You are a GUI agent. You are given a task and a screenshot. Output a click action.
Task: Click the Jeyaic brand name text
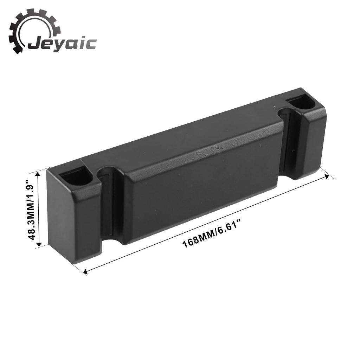62,44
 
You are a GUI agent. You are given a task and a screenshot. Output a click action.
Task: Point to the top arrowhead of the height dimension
38,176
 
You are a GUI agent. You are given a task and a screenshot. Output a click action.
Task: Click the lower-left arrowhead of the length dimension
86,272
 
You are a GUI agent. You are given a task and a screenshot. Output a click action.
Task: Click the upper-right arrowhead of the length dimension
326,176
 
